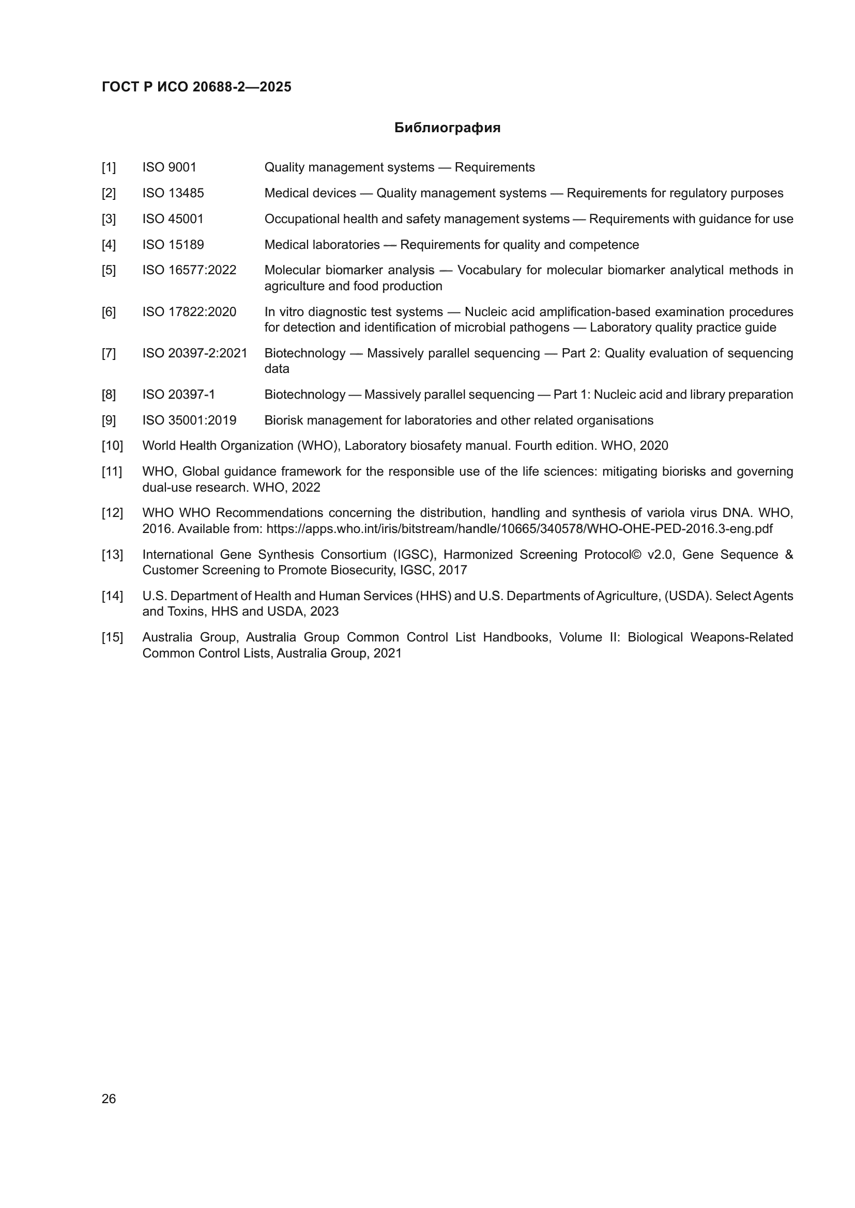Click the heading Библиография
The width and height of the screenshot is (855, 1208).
[447, 128]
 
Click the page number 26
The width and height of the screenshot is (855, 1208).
[109, 1099]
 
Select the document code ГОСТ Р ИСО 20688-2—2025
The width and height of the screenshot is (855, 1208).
[196, 87]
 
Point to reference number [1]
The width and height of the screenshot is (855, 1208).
[109, 167]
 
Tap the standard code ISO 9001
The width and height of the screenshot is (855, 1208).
[169, 167]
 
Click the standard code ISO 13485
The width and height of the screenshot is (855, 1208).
[173, 193]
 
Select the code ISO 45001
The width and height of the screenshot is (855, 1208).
[173, 219]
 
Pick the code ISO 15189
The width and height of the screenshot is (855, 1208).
[173, 245]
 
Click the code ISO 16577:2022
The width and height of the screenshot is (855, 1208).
[189, 271]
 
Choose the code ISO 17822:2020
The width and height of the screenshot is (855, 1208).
[189, 312]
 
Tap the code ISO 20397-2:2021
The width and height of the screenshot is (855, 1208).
[195, 353]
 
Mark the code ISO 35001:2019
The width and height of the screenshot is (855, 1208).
[189, 420]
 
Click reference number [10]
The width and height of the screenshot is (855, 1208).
[112, 446]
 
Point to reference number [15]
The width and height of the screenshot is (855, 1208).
[112, 637]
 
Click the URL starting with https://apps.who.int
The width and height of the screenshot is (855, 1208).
[519, 529]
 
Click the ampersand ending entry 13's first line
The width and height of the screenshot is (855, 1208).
[789, 555]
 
